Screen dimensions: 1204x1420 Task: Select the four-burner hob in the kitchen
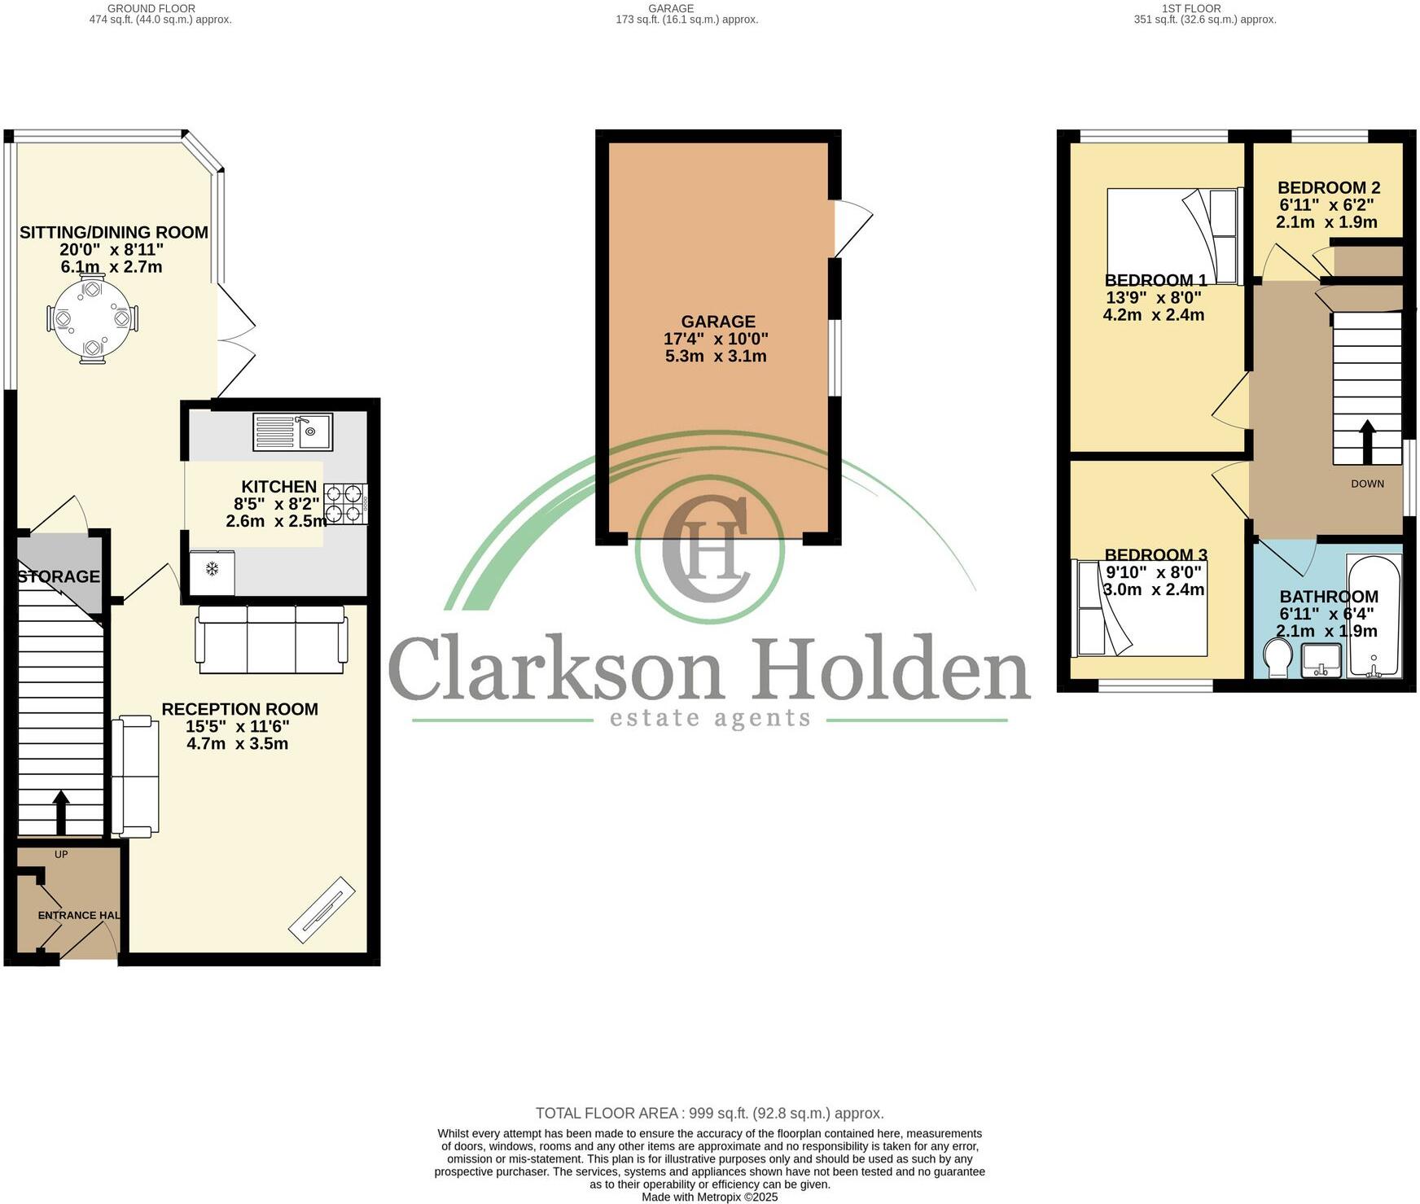[x=345, y=503]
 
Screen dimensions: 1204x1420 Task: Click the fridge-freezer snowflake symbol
[x=212, y=568]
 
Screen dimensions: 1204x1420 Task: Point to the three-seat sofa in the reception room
[x=271, y=640]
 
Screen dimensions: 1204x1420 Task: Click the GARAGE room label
[x=718, y=322]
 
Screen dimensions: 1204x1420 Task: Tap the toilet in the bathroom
[x=1278, y=657]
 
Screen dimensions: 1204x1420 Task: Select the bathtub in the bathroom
[x=1374, y=615]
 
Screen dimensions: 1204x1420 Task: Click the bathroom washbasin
[x=1321, y=660]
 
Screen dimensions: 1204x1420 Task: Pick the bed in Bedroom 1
[x=1172, y=236]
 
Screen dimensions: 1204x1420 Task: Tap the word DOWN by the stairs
[x=1367, y=484]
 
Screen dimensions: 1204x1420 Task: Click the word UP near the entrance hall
[x=61, y=854]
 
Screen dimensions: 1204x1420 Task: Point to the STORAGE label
[x=59, y=576]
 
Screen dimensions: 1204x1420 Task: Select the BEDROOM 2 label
[x=1329, y=187]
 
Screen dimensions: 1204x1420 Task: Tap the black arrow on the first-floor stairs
[x=1367, y=441]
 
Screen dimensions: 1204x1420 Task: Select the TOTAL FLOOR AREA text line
[x=709, y=1113]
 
